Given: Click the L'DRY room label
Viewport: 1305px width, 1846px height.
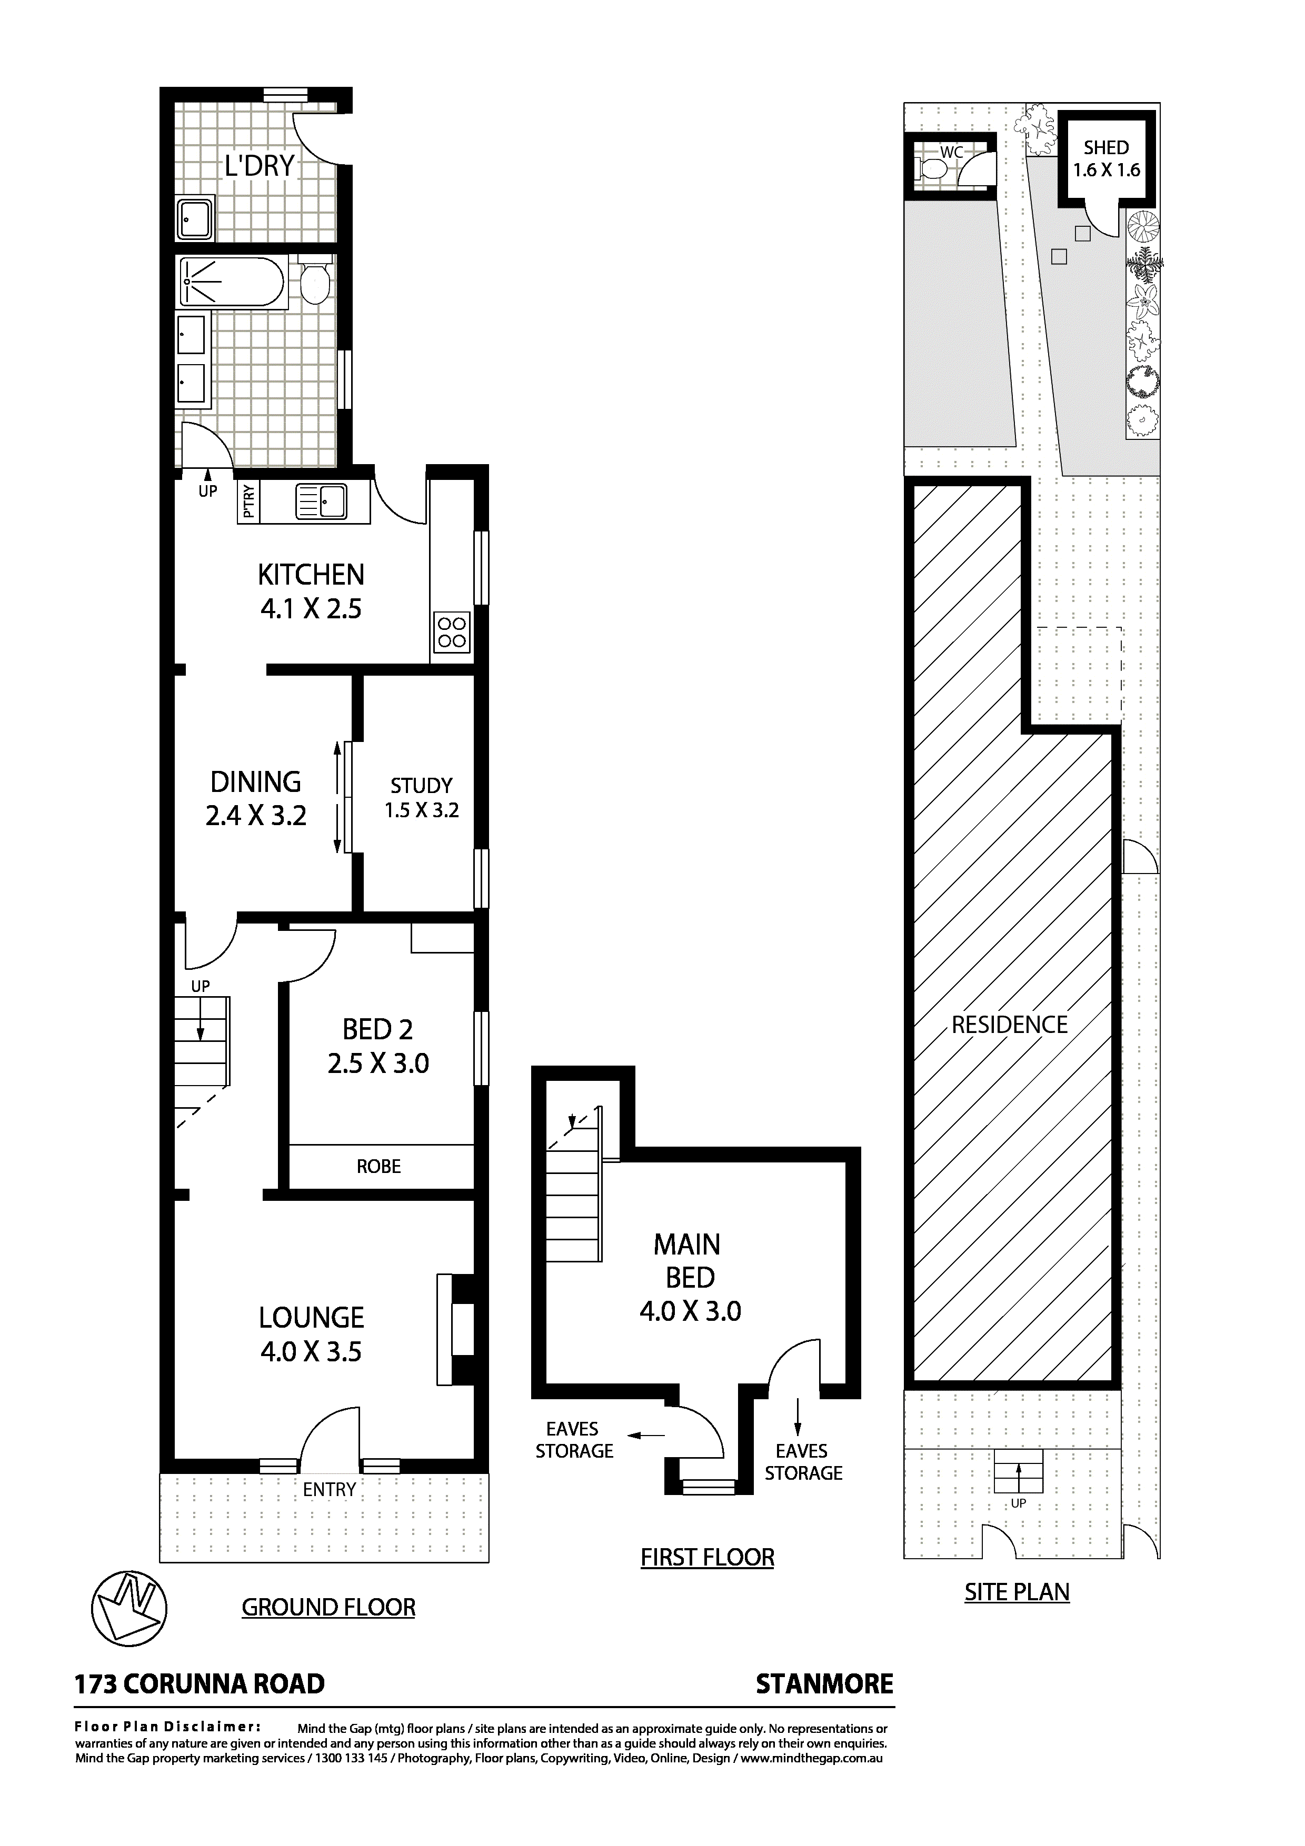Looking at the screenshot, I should [259, 166].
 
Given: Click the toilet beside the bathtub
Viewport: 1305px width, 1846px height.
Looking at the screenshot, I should [314, 282].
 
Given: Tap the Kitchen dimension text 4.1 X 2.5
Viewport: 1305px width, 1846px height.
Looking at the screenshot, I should [311, 609].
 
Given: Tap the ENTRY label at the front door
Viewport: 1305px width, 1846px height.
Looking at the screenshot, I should [329, 1489].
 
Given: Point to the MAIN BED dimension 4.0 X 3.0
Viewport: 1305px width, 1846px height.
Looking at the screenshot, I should [690, 1311].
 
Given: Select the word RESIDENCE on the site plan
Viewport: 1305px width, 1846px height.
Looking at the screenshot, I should [1009, 1025].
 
